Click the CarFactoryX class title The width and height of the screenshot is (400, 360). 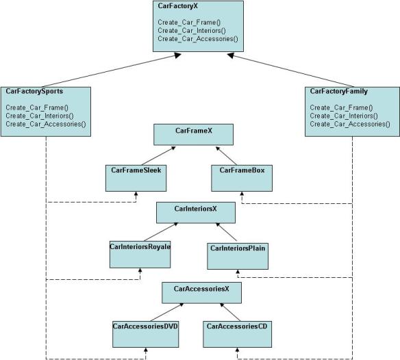coord(177,6)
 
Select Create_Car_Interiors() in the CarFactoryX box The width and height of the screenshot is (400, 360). coord(192,31)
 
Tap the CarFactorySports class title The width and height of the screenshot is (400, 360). coord(34,91)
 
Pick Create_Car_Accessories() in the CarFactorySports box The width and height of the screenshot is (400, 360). coord(46,124)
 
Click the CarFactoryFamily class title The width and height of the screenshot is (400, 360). coord(339,91)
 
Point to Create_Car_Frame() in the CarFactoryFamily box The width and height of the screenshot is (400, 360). coord(341,107)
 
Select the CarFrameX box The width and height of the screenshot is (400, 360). coord(193,135)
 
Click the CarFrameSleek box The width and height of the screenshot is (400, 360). coord(136,178)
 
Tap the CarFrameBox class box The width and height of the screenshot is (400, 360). coord(242,178)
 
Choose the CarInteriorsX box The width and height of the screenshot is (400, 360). coord(196,213)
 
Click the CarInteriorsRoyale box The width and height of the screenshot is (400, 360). coord(140,255)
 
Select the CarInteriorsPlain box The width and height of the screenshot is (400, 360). coord(238,256)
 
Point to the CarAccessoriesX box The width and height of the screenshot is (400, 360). coord(201,293)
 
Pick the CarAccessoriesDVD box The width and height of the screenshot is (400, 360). coord(145,334)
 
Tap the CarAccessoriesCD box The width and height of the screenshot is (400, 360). coord(237,334)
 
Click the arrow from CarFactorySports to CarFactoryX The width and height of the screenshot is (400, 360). coord(112,70)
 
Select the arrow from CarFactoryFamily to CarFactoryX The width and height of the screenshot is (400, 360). coord(290,70)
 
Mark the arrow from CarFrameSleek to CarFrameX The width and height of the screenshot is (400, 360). coord(158,156)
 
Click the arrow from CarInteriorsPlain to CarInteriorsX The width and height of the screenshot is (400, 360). coord(226,232)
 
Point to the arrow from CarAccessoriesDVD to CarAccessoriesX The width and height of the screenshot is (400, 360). coord(167,312)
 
